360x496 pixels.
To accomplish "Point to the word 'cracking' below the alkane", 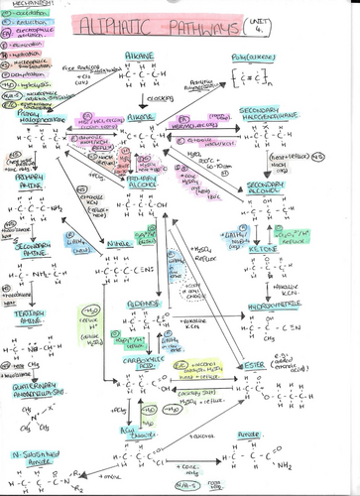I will [x=151, y=101].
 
